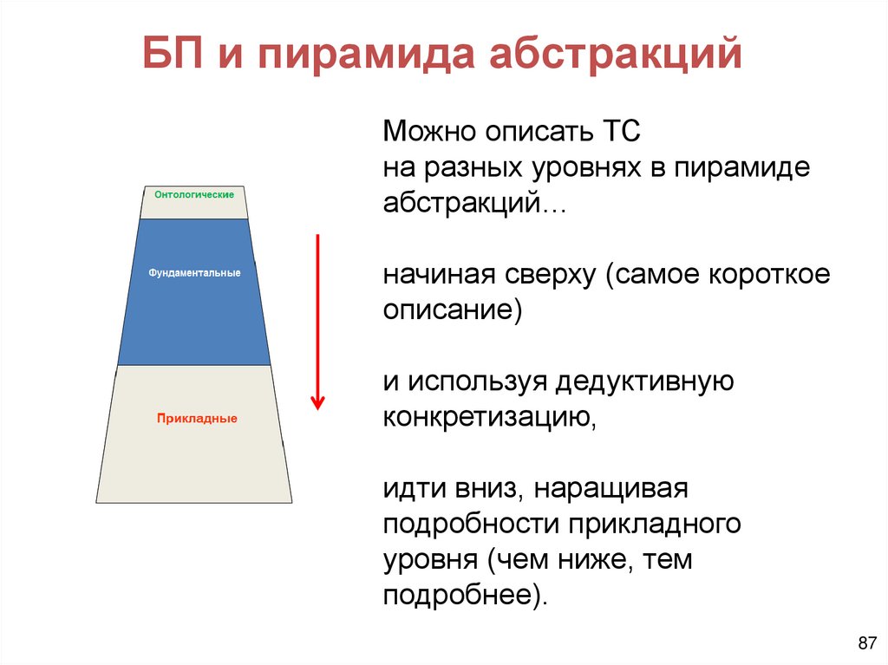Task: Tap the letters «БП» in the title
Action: tap(176, 54)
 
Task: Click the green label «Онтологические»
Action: tap(194, 195)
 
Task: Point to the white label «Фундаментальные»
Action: tap(194, 273)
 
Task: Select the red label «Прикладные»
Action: tap(197, 419)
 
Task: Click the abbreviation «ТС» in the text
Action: tap(617, 134)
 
